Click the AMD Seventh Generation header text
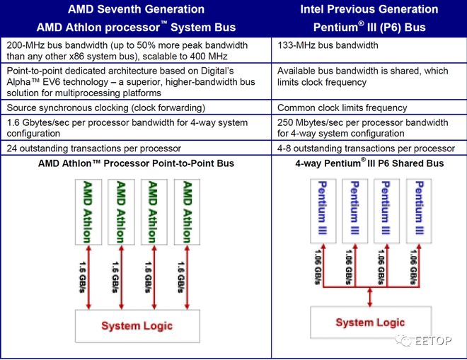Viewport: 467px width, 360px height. point(136,9)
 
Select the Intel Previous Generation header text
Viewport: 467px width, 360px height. point(369,9)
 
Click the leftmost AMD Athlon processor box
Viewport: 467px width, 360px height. point(88,212)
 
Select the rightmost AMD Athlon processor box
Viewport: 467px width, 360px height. point(187,212)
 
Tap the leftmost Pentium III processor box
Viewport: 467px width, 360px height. point(323,211)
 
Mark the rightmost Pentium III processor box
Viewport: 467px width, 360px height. point(419,211)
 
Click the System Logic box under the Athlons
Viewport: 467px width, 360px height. point(137,326)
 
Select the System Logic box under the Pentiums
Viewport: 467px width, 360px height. point(371,323)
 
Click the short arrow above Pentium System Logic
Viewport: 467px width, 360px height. point(370,297)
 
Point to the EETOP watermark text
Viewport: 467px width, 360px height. point(433,340)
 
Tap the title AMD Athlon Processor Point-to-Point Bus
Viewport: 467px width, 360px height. point(136,163)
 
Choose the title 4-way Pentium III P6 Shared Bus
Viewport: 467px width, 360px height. point(369,163)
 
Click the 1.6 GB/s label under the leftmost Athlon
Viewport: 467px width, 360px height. point(83,277)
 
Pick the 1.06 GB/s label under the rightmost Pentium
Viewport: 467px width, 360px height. point(413,267)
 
